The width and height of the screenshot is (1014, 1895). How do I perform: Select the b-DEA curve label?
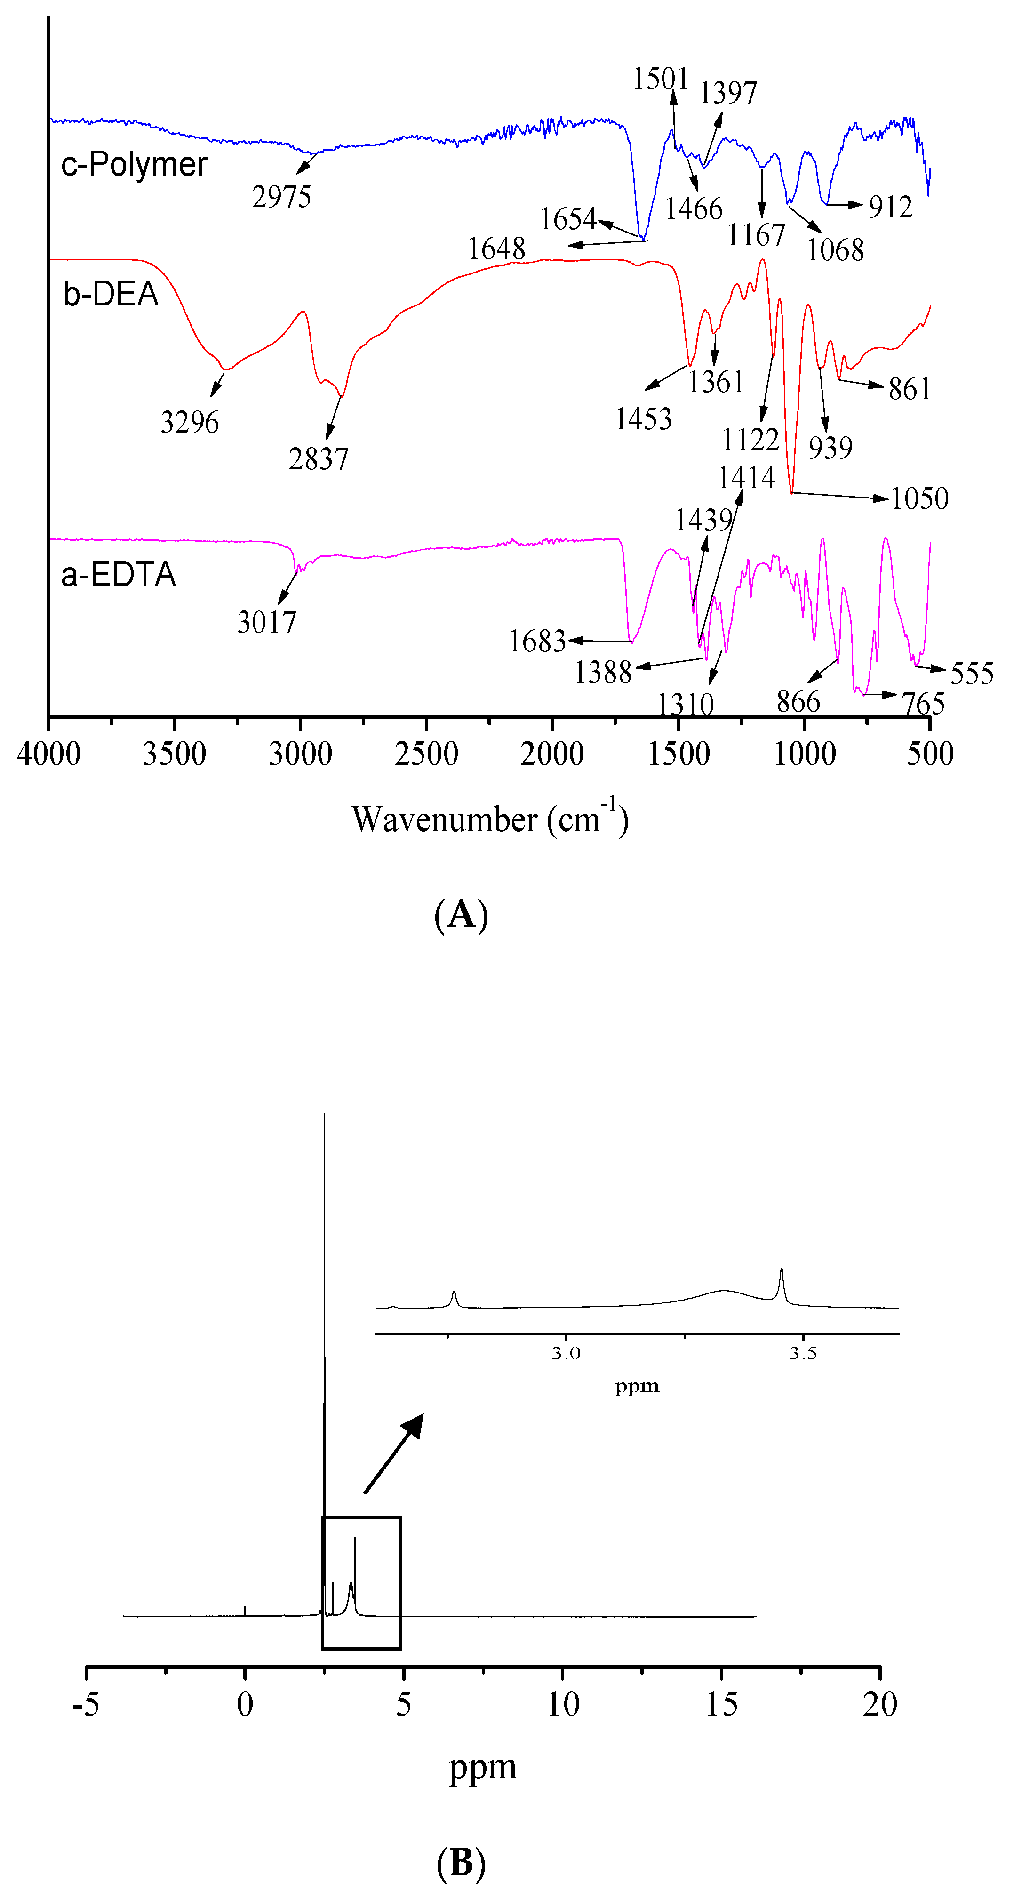click(111, 294)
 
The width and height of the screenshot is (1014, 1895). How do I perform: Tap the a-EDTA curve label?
click(119, 575)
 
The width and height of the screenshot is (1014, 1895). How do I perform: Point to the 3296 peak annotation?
click(190, 422)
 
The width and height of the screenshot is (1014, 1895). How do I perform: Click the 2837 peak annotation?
click(319, 459)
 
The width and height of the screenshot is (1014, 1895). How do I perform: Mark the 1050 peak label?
click(920, 499)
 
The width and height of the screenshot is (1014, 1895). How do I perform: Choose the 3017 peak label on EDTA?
click(267, 622)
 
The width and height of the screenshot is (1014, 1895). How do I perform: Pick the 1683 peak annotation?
click(537, 642)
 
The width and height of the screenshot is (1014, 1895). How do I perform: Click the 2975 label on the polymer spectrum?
click(282, 197)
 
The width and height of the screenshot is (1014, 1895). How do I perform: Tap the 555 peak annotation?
click(972, 673)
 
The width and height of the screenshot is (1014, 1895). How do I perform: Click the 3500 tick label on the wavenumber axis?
click(174, 754)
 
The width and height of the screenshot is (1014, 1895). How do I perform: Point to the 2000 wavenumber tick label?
click(552, 754)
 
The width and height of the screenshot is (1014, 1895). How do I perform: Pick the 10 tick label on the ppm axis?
click(562, 1704)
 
